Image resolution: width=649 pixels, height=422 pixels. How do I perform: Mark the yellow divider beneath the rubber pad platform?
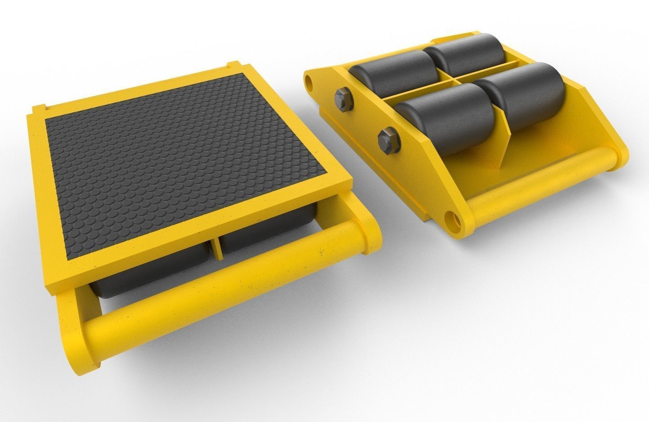(217, 247)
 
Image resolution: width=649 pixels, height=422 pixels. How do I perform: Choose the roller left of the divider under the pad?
(148, 274)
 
